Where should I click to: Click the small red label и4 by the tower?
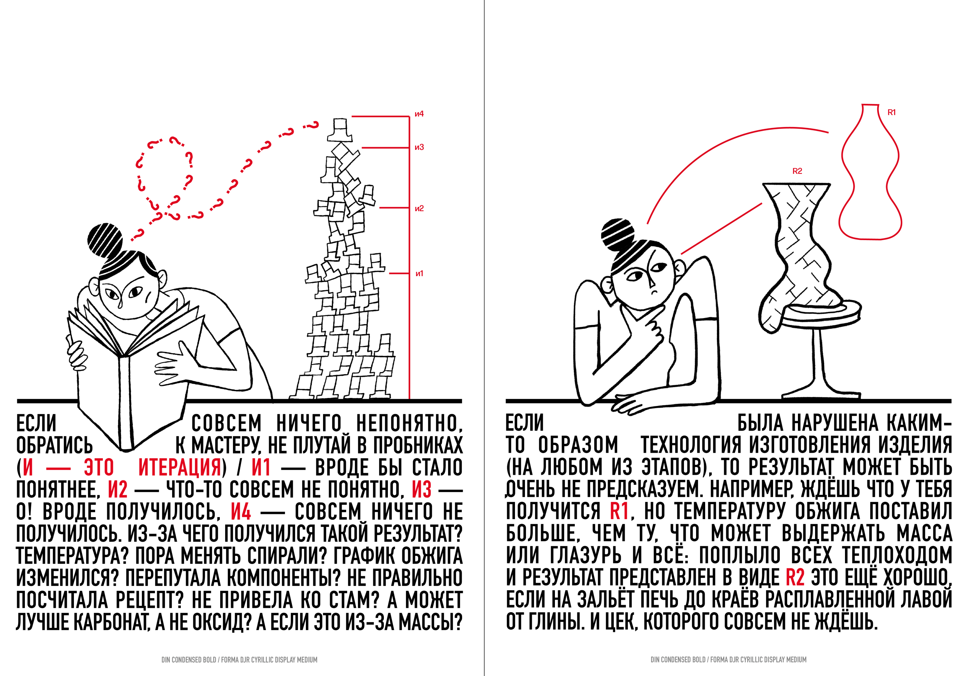click(x=419, y=114)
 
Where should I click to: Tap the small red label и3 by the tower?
click(x=419, y=147)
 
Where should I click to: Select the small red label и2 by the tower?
click(x=419, y=209)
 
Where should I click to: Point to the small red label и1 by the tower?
click(x=419, y=273)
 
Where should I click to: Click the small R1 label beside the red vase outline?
click(x=892, y=112)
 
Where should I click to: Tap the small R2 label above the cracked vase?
click(x=797, y=171)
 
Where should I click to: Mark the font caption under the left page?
click(x=239, y=660)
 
